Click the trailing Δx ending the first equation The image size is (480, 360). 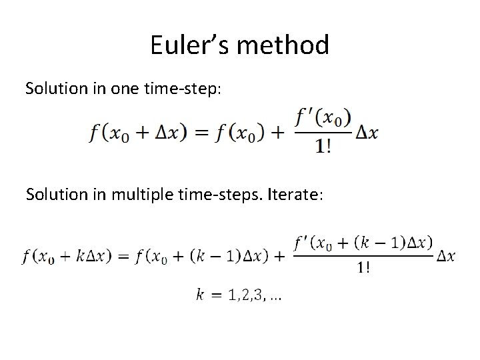[366, 133]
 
